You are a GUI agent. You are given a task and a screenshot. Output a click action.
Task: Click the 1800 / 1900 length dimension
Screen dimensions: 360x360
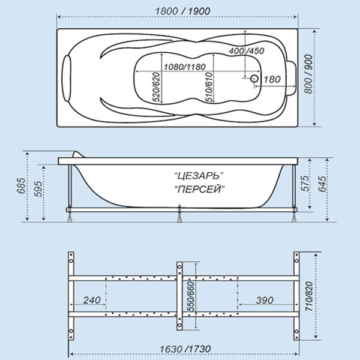(182, 11)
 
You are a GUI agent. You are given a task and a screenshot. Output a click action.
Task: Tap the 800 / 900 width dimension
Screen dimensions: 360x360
(308, 74)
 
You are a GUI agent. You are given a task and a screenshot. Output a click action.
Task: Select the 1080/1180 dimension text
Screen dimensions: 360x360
(184, 67)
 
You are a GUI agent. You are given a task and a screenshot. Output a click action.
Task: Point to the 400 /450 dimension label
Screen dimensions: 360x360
(247, 51)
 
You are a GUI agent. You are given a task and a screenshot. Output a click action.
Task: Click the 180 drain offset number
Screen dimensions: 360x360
(272, 79)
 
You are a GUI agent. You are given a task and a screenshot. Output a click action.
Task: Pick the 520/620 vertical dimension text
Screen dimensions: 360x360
(157, 87)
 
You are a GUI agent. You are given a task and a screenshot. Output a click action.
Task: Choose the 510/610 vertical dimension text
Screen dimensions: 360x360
(209, 87)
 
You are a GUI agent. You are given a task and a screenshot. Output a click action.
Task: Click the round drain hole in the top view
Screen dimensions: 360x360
(254, 79)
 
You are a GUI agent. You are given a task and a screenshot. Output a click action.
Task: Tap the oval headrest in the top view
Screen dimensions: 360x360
(67, 78)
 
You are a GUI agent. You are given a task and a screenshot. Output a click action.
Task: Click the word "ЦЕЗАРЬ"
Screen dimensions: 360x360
(199, 176)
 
